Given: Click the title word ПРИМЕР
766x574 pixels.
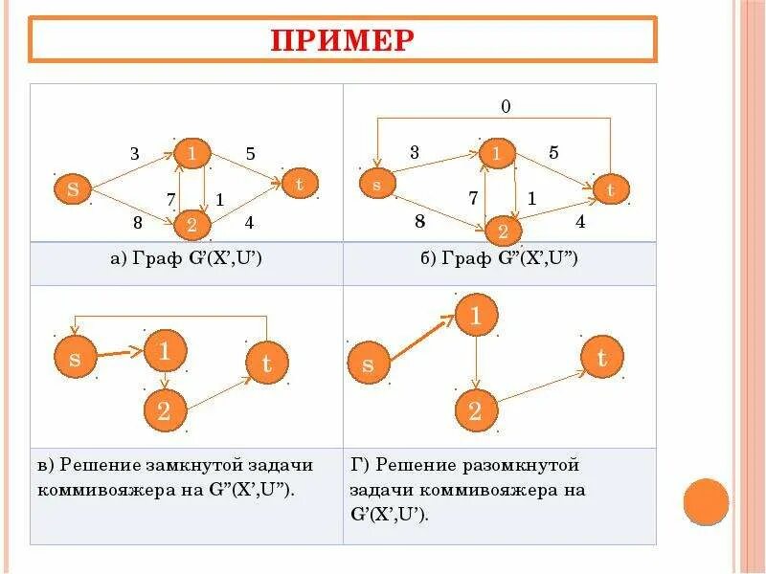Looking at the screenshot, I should pyautogui.click(x=343, y=40).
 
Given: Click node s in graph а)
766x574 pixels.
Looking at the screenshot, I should pyautogui.click(x=73, y=188).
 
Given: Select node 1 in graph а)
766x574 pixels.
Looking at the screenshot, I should pyautogui.click(x=192, y=153).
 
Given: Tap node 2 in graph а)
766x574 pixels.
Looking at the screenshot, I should pyautogui.click(x=191, y=225).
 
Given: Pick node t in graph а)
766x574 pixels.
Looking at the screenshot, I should pyautogui.click(x=300, y=183).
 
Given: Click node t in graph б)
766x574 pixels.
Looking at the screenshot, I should pyautogui.click(x=611, y=190).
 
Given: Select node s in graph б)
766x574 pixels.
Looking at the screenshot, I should pyautogui.click(x=376, y=185).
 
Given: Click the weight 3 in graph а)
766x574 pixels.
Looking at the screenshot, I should pyautogui.click(x=134, y=153).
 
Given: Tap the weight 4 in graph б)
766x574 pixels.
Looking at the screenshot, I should pyautogui.click(x=579, y=221).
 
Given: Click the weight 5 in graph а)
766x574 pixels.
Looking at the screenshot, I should pyautogui.click(x=251, y=152).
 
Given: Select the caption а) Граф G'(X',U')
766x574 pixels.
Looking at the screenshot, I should pyautogui.click(x=187, y=259).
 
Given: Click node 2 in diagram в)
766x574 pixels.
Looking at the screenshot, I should pyautogui.click(x=164, y=412).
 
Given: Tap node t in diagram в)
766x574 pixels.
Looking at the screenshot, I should pyautogui.click(x=267, y=363).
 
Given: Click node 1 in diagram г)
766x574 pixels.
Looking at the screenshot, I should pyautogui.click(x=476, y=317).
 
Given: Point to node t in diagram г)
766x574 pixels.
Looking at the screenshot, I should pyautogui.click(x=601, y=359).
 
